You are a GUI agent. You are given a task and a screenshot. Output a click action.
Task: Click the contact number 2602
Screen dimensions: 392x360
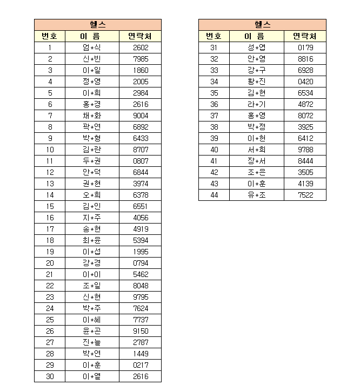(x=141, y=48)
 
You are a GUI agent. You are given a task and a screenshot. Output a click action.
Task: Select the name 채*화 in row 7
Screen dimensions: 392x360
(x=92, y=116)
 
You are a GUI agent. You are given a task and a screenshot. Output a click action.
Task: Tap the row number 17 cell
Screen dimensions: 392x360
(x=50, y=229)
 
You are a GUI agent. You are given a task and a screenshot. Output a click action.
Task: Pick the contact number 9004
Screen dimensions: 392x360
(x=141, y=116)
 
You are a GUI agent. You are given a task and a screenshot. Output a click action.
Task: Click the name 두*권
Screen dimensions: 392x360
(x=92, y=161)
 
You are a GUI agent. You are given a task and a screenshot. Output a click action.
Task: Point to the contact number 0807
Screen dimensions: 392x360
(x=141, y=161)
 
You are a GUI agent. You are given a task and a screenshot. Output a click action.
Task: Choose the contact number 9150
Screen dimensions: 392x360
(x=141, y=331)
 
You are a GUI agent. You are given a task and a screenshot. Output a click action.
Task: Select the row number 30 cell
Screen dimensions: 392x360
(x=50, y=376)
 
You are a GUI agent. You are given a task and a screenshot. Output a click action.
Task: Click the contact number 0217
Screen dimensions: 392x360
(x=141, y=365)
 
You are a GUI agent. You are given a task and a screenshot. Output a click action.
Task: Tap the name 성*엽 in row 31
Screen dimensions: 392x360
(x=257, y=48)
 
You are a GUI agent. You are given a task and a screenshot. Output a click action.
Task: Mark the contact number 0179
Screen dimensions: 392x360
(x=305, y=48)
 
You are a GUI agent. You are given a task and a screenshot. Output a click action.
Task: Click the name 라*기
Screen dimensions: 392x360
(x=257, y=104)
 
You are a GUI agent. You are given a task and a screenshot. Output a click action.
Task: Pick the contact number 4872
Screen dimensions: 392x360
(x=305, y=104)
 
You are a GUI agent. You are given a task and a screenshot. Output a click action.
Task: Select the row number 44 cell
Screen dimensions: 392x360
(x=214, y=195)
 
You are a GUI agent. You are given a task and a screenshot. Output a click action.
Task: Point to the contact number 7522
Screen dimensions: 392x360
(x=305, y=195)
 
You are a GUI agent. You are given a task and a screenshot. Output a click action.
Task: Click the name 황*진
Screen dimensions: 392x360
(x=257, y=82)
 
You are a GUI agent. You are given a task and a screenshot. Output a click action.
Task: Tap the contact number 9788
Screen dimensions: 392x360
(x=305, y=150)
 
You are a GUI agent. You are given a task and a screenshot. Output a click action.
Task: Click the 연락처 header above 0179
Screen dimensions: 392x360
(x=305, y=36)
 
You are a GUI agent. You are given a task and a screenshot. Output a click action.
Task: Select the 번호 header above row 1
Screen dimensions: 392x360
(x=50, y=36)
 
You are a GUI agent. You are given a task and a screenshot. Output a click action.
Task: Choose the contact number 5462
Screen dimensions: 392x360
(x=141, y=274)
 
